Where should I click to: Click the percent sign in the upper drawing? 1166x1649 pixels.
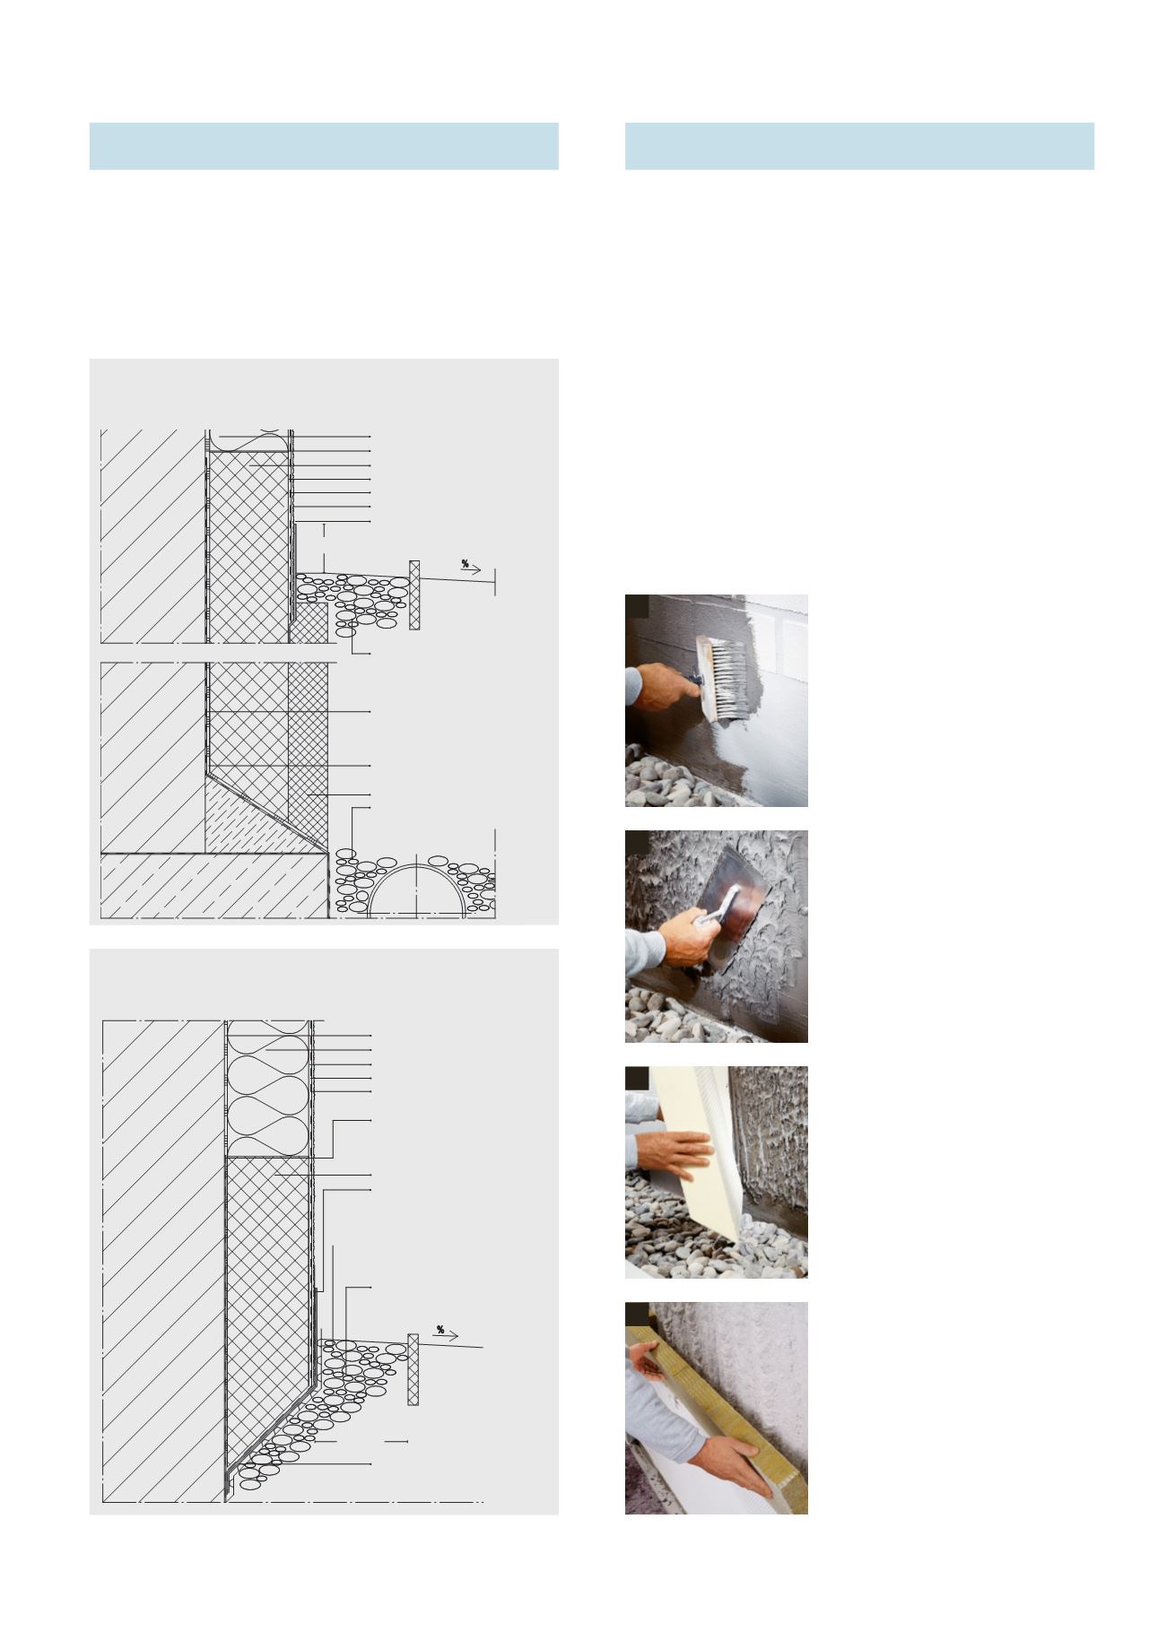pyautogui.click(x=466, y=564)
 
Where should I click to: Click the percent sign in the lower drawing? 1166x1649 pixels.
pyautogui.click(x=440, y=1330)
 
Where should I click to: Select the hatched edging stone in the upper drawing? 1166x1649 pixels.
pyautogui.click(x=414, y=595)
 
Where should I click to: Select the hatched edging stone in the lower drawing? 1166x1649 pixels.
pyautogui.click(x=413, y=1369)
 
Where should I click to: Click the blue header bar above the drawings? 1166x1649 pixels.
pyautogui.click(x=324, y=146)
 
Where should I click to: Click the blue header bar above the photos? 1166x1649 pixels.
pyautogui.click(x=859, y=146)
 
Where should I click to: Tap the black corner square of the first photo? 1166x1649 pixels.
pyautogui.click(x=636, y=605)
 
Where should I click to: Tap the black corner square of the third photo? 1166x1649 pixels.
pyautogui.click(x=636, y=1077)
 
